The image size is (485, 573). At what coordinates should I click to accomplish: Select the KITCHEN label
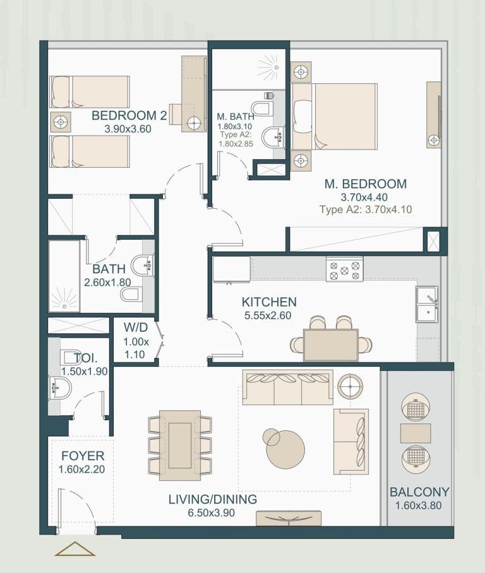click(269, 302)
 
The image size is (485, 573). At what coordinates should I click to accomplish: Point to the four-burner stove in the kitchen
click(344, 269)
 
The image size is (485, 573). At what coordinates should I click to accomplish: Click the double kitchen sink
click(428, 304)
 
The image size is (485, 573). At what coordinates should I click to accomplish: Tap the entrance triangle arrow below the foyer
click(75, 549)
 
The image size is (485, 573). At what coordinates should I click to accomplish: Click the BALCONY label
click(419, 492)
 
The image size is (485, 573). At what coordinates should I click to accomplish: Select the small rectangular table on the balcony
click(416, 434)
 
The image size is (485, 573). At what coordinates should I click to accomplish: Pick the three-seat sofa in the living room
click(287, 387)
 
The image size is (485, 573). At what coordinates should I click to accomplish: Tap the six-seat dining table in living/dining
click(180, 445)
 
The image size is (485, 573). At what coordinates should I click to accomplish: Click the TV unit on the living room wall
click(289, 518)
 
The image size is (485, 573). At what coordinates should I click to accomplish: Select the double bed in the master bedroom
click(334, 117)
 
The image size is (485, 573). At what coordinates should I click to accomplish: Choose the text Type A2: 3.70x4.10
click(366, 210)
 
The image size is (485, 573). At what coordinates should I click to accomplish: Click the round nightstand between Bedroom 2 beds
click(61, 122)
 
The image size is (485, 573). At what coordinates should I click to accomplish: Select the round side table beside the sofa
click(350, 386)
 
